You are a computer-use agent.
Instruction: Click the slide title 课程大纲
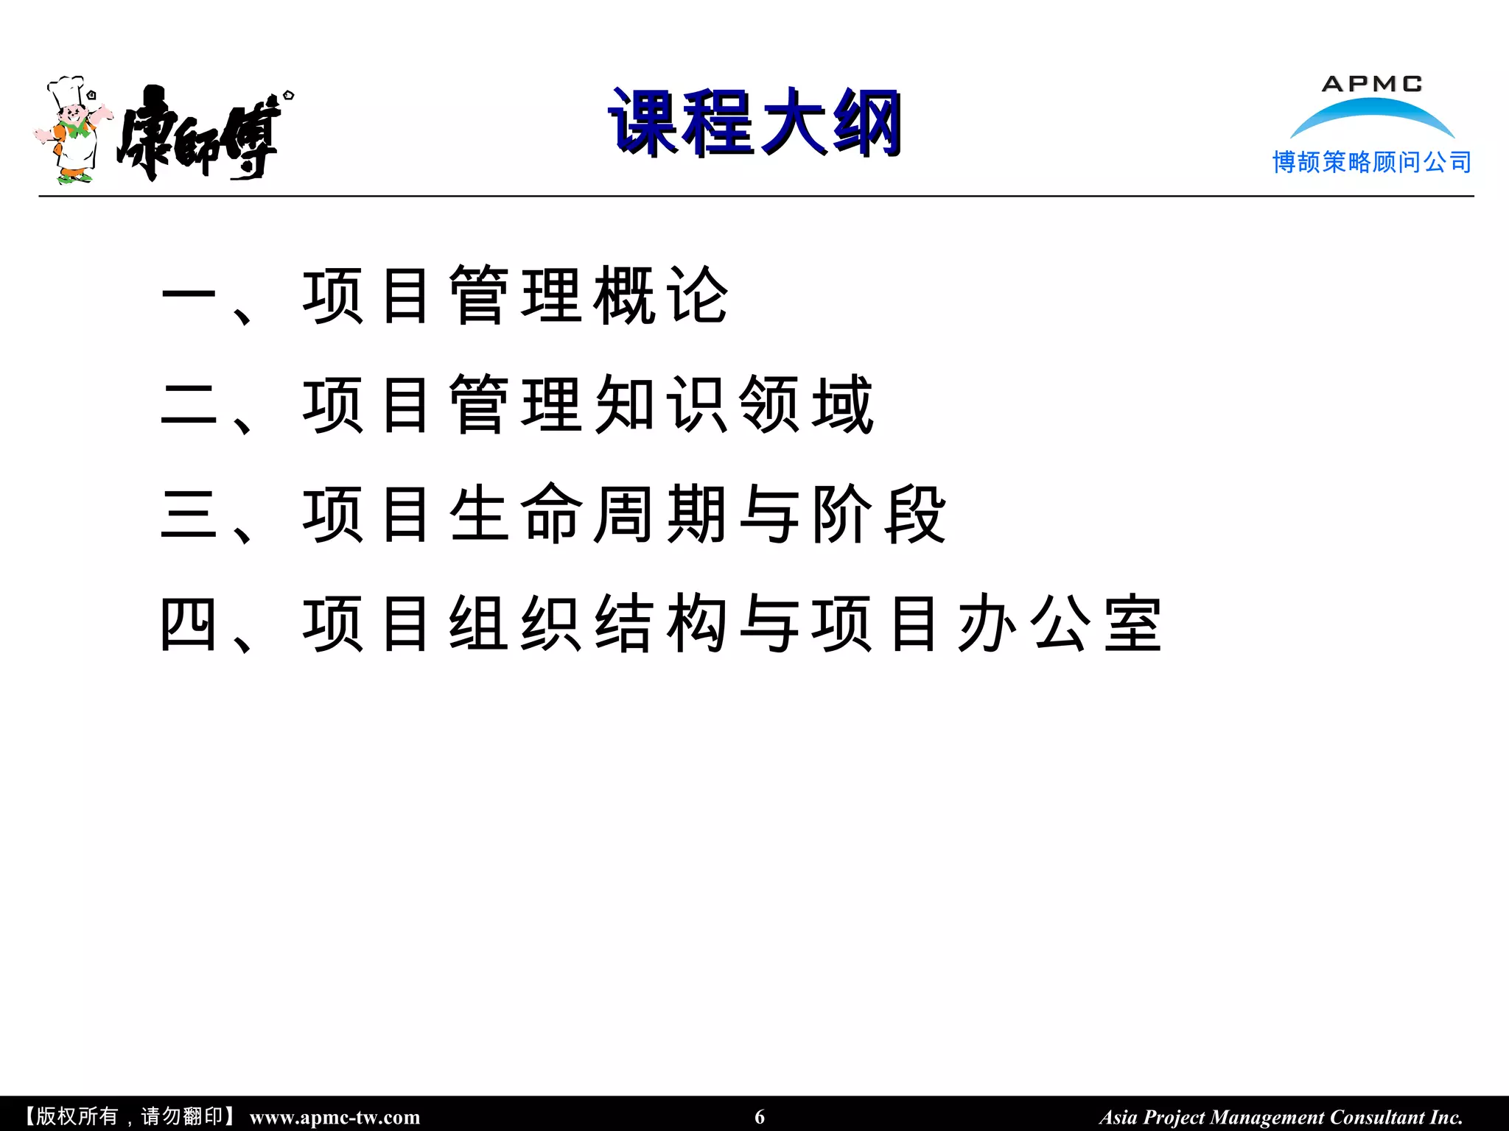pos(755,122)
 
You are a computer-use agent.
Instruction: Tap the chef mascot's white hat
pos(66,91)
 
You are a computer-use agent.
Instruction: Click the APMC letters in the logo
pos(1372,84)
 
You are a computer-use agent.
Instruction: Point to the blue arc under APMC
pos(1372,114)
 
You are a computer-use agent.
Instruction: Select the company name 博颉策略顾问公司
pos(1372,162)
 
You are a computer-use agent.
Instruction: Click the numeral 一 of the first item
pos(189,297)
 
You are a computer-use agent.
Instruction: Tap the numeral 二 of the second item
pos(189,405)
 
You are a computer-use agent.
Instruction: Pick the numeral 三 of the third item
pos(189,515)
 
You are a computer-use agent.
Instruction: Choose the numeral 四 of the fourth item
pos(189,624)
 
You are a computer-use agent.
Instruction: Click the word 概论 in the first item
pos(661,296)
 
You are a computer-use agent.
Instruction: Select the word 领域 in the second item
pos(806,405)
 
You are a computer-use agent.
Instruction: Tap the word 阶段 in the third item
pos(878,515)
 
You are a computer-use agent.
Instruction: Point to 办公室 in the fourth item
pos(1059,624)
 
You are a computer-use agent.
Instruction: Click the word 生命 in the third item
pos(516,515)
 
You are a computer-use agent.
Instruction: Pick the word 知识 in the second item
pos(661,405)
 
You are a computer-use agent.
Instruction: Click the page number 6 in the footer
pos(760,1117)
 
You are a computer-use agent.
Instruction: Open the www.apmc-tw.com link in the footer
pos(335,1118)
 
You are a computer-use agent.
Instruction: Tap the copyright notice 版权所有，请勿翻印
pos(130,1117)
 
